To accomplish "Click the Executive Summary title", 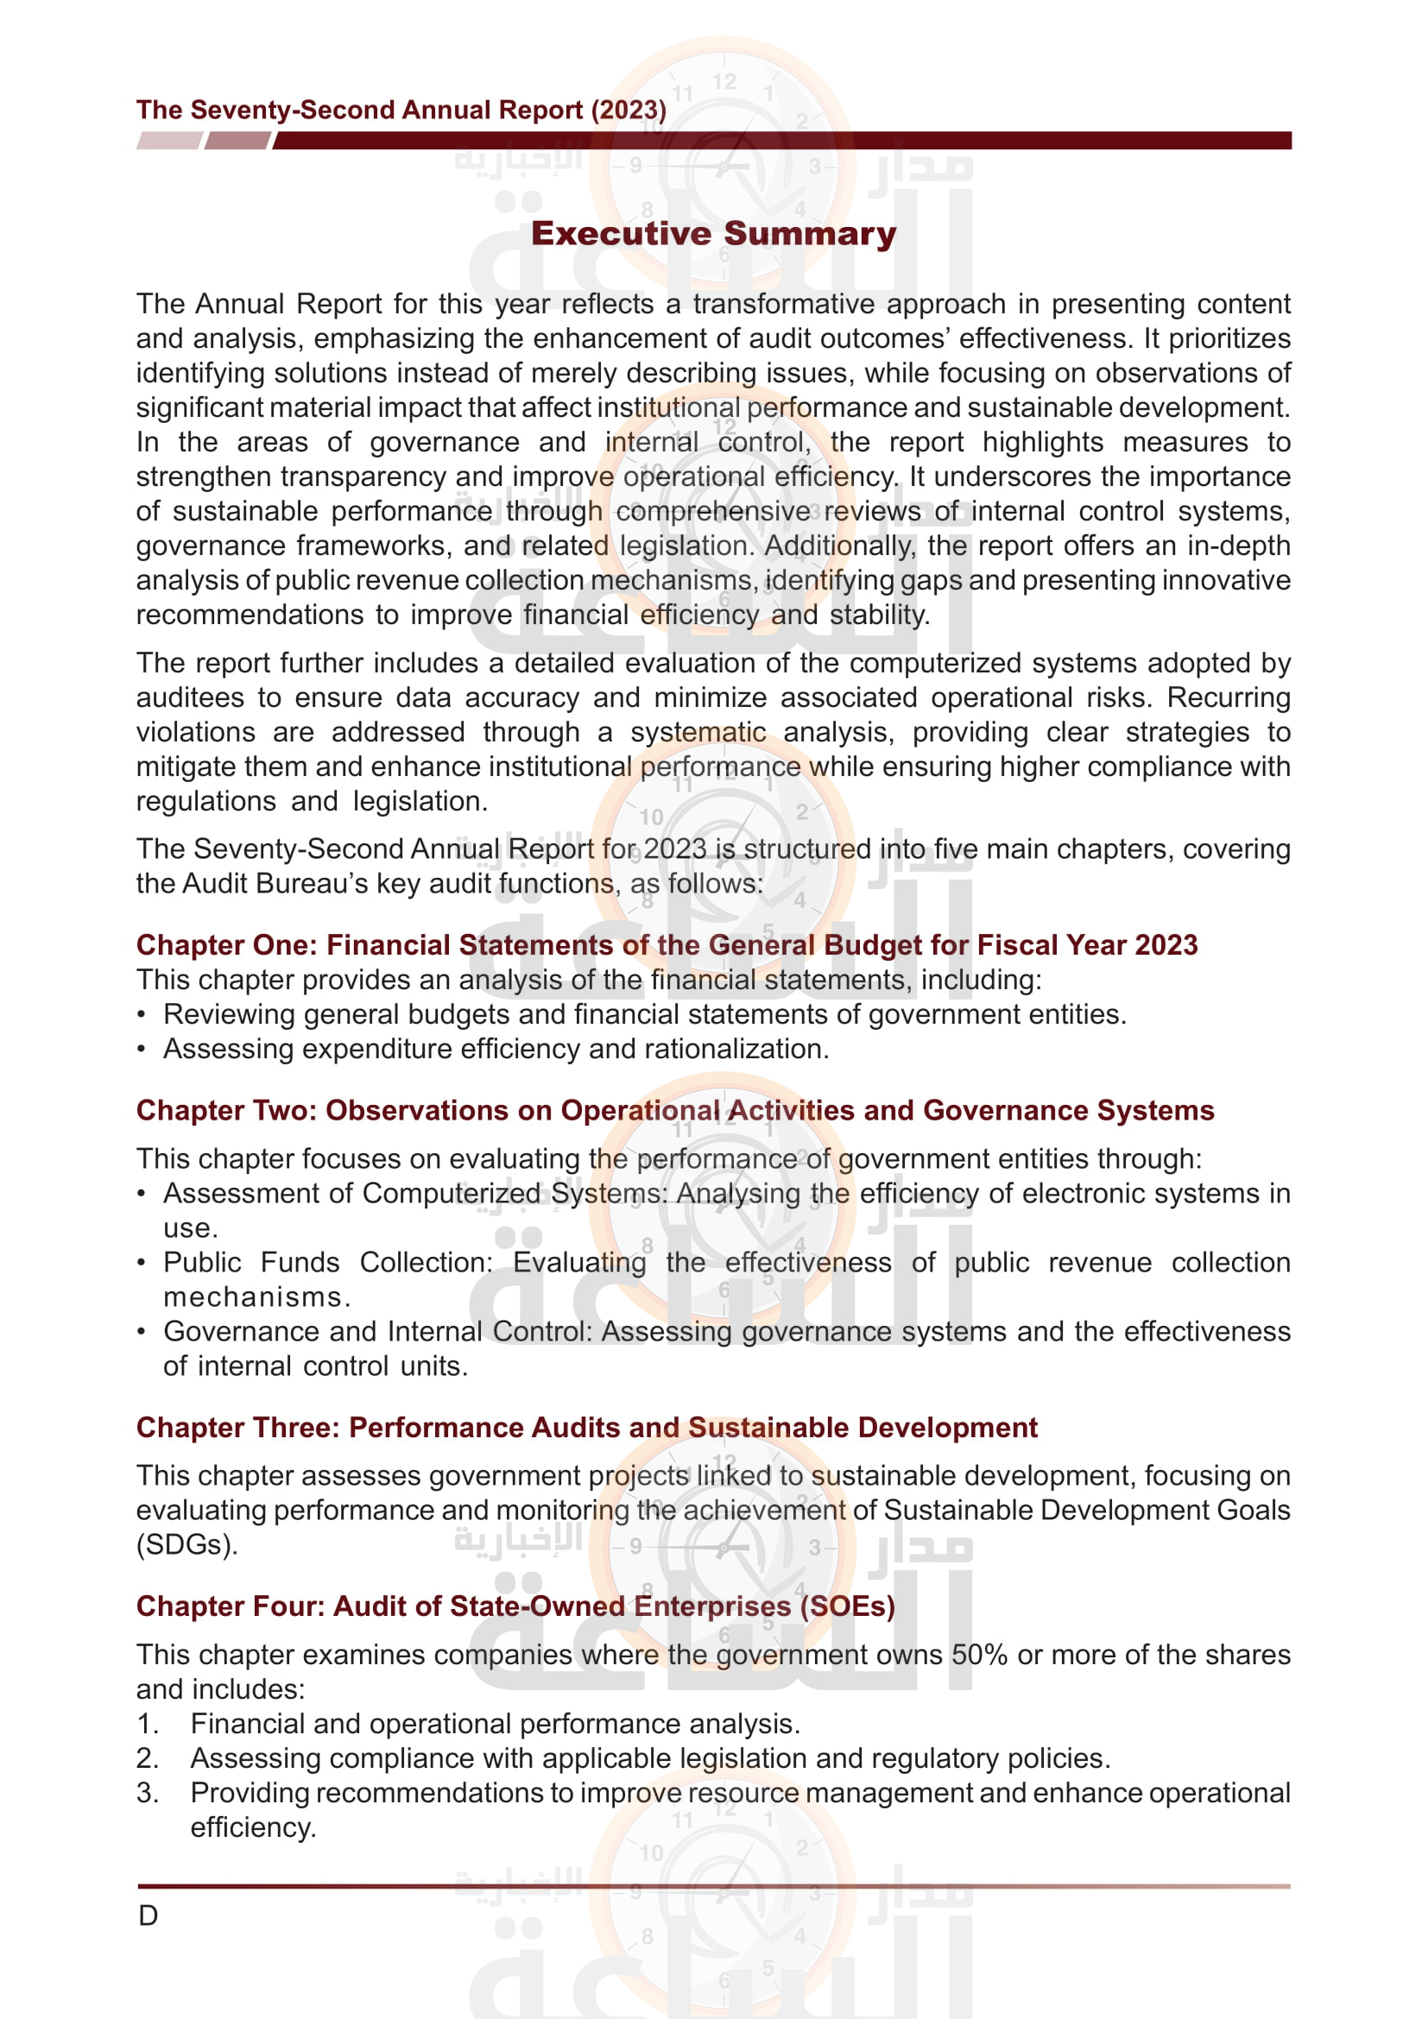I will tap(713, 234).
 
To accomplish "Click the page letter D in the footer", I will tap(148, 1915).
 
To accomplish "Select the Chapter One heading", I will tap(667, 944).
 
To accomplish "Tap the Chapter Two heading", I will tap(674, 1111).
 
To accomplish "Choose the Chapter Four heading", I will tap(515, 1606).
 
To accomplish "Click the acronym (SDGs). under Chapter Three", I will tap(186, 1544).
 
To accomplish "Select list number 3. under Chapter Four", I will tap(147, 1792).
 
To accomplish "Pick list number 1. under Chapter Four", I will tap(147, 1724).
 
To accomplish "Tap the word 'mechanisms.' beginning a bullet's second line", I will tap(256, 1297).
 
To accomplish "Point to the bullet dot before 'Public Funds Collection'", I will tap(142, 1263).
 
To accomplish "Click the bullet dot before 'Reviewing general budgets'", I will tap(142, 1015).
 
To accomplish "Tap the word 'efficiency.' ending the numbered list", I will tap(253, 1827).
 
